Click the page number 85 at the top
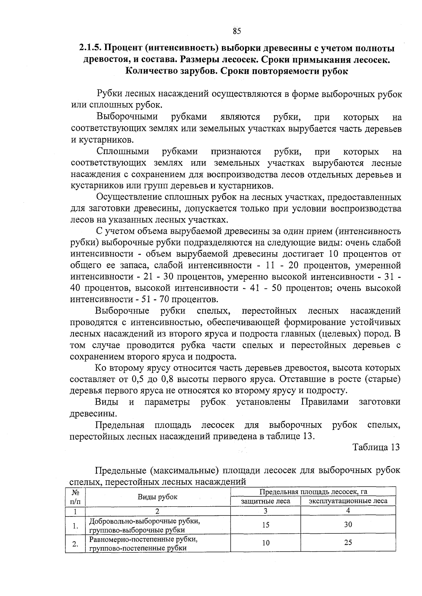pos(237,31)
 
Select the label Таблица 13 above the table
pos(376,447)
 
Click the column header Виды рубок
pos(158,497)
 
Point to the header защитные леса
pos(266,501)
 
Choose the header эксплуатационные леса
pos(348,501)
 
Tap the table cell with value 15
pos(266,525)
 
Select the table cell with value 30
pos(348,525)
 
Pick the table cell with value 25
pos(348,543)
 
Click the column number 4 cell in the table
pos(348,511)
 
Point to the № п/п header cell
pos(75,497)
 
